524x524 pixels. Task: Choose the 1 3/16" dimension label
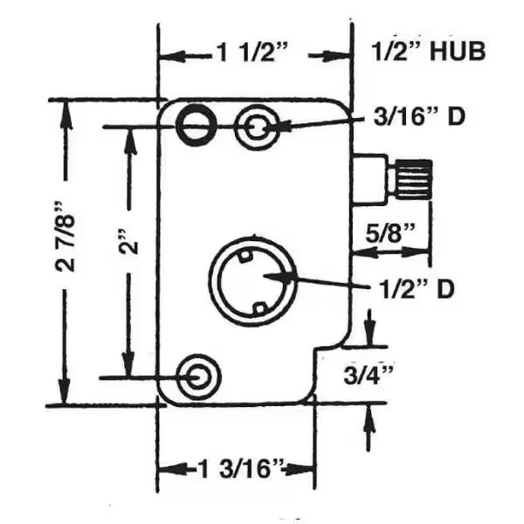coord(240,469)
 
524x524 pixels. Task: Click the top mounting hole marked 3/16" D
coord(257,126)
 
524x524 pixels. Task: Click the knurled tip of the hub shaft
coord(411,179)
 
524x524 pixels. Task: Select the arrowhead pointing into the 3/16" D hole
coord(272,126)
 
